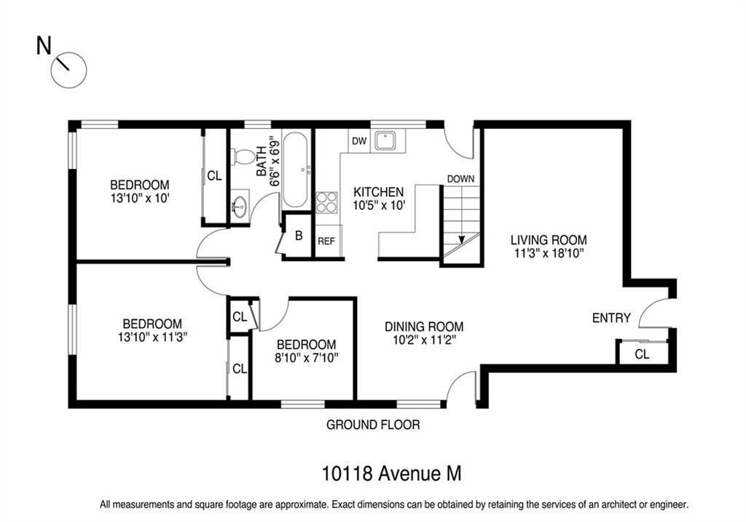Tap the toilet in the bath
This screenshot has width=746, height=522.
point(243,157)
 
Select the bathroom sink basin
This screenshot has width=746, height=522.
point(240,207)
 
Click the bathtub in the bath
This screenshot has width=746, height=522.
point(295,170)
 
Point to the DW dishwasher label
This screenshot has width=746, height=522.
point(359,141)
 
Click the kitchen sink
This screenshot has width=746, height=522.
point(388,141)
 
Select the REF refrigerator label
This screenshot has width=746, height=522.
point(326,241)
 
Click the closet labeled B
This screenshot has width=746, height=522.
point(299,235)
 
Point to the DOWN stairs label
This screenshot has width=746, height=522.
point(460,179)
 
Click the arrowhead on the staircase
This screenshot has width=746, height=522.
point(461,239)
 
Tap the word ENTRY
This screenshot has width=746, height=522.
point(611,318)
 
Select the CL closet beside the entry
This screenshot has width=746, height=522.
point(643,354)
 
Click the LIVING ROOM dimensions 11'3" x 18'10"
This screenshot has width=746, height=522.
point(549,253)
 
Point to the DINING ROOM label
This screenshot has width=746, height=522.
point(424,327)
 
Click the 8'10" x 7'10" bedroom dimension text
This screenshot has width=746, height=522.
point(307,357)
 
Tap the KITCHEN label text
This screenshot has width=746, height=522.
point(379,192)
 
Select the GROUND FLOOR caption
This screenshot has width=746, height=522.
point(373,424)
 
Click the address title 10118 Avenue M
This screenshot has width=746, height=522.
point(391,473)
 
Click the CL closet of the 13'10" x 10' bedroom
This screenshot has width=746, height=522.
point(215,176)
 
